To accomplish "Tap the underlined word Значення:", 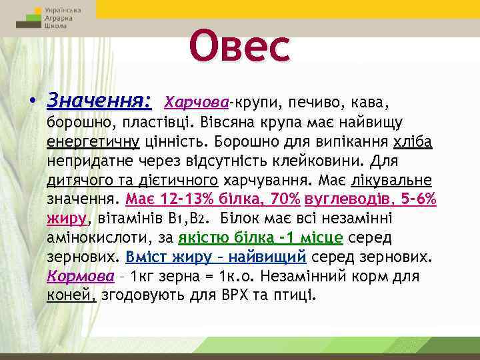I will click(99, 102).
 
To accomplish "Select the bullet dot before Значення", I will click(33, 103).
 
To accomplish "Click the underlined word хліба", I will click(413, 142).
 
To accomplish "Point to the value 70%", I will click(285, 199).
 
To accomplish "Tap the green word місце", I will click(317, 238).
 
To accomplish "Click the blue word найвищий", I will click(269, 257).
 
